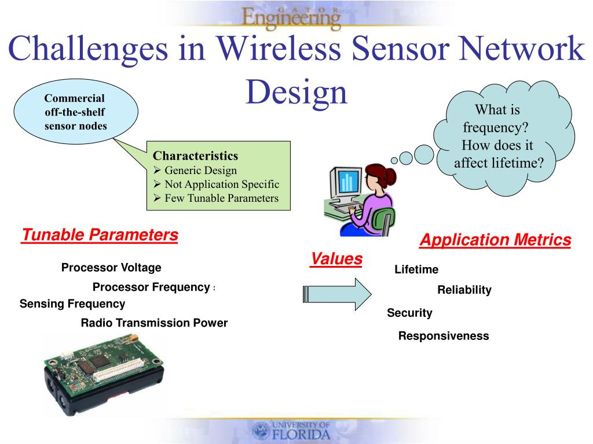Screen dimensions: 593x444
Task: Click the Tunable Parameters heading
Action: [100, 235]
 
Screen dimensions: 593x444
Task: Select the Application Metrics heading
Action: [495, 240]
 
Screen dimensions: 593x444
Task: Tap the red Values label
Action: [336, 259]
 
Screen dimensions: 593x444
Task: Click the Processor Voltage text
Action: [111, 268]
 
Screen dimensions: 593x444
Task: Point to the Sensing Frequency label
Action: [72, 304]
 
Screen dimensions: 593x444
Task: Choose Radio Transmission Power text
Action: [154, 323]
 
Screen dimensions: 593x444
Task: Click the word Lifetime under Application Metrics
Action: [416, 269]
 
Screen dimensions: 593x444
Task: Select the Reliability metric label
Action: [464, 290]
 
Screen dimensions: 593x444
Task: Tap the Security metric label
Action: [409, 313]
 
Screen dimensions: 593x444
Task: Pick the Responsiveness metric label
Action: [444, 336]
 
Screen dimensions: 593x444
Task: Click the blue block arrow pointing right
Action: [336, 294]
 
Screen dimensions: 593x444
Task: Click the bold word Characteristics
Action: [195, 156]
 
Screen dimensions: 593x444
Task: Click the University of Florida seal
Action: [261, 431]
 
